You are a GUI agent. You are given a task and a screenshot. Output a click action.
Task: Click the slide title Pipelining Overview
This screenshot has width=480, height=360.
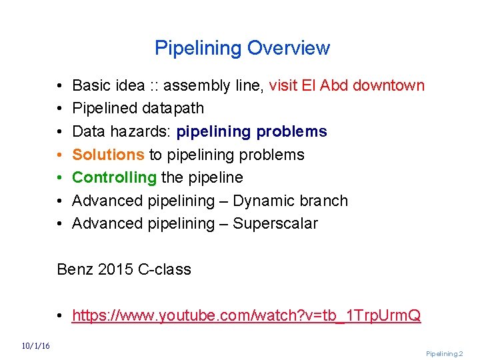click(x=242, y=48)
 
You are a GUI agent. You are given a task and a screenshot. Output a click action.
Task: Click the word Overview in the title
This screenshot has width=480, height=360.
click(x=288, y=48)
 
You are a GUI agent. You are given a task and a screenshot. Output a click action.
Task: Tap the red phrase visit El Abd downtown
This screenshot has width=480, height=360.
click(x=347, y=85)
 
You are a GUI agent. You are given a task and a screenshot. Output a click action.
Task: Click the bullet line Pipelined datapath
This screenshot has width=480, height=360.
click(x=138, y=108)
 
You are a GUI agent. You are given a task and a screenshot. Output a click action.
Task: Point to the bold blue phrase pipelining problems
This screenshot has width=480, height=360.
click(x=251, y=131)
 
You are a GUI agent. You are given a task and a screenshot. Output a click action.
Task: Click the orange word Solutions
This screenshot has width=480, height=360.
click(x=108, y=155)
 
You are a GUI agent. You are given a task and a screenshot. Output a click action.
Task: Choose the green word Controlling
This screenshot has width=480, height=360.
click(x=114, y=177)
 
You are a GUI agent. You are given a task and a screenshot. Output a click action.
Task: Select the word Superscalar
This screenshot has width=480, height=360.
click(x=275, y=223)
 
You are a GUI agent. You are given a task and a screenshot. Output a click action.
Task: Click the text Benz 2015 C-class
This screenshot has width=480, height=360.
click(x=124, y=269)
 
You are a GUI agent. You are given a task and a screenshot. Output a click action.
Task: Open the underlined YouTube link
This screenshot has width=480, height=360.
click(x=246, y=315)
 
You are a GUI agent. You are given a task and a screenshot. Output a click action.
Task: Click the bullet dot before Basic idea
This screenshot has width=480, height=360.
click(x=60, y=86)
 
